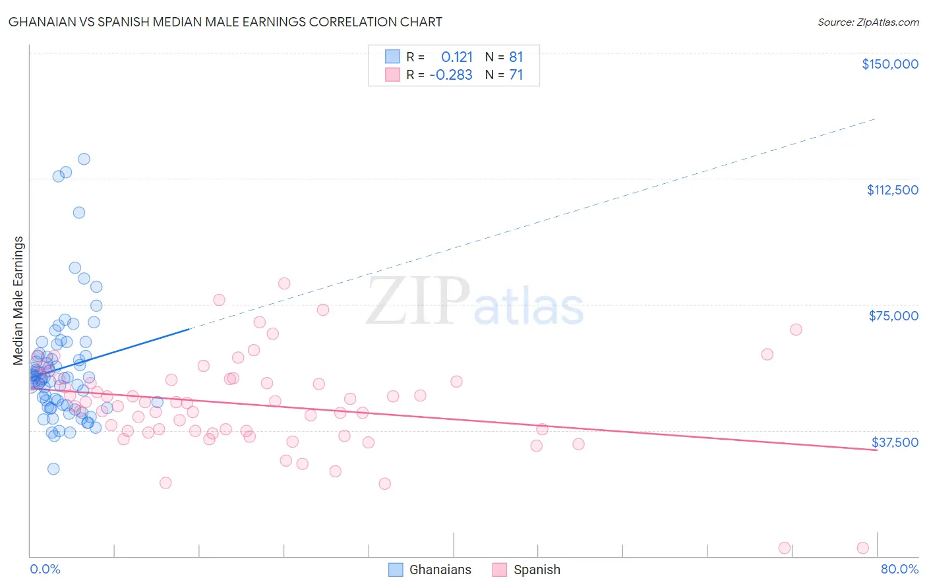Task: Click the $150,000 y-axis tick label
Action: coord(889,64)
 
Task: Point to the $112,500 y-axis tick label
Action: coord(892,190)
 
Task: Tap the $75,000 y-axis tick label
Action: coord(893,316)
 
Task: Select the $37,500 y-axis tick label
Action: coord(895,442)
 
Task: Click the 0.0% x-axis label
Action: coord(45,569)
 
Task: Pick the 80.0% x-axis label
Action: coord(899,569)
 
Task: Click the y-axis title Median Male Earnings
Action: coord(18,300)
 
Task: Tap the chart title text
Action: coord(225,22)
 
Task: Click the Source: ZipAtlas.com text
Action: coord(868,22)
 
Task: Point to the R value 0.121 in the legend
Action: coord(456,57)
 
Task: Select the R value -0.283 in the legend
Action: coord(451,74)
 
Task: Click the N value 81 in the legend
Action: coord(516,57)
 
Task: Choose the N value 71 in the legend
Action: coord(516,74)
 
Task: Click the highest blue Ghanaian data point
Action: coord(84,159)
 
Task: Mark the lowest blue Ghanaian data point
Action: coord(53,469)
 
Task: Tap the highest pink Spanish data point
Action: coord(284,283)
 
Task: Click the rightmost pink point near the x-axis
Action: coord(862,548)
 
